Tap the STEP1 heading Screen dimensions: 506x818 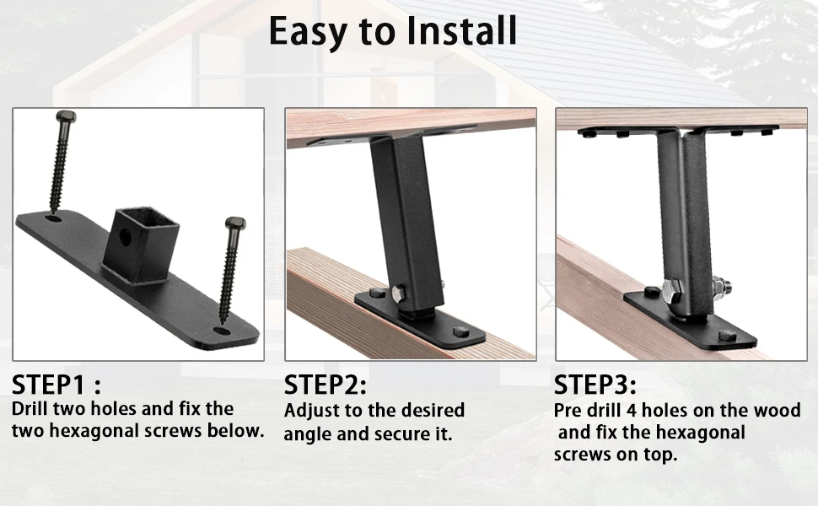click(57, 386)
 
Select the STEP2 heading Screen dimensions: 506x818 click(326, 386)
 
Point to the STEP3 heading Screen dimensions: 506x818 click(595, 386)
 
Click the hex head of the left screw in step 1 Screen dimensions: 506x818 click(65, 116)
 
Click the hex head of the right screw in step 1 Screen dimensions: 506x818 click(235, 224)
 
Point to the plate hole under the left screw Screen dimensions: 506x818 click(53, 218)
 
